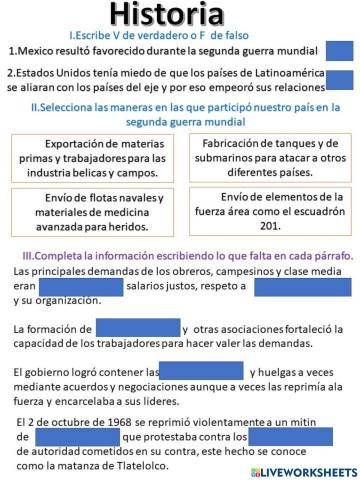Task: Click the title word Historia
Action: click(x=180, y=14)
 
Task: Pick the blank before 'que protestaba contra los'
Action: click(x=76, y=437)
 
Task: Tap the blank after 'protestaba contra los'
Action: click(x=290, y=436)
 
